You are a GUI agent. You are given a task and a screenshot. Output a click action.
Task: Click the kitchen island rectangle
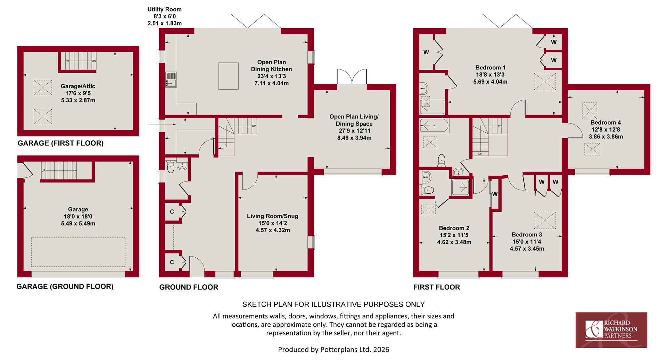[228, 76]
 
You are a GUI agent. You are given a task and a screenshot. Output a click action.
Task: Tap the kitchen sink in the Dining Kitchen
[171, 80]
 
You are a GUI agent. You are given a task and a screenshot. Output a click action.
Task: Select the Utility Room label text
[164, 9]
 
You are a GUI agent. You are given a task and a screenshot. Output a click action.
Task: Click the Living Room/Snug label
[272, 216]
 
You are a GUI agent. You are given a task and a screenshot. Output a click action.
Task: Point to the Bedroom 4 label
[606, 123]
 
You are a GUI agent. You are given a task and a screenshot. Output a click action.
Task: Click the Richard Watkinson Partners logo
[611, 330]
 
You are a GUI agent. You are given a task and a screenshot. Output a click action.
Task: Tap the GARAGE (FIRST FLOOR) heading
[60, 143]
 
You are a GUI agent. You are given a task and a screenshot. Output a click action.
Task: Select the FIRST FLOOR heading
[436, 287]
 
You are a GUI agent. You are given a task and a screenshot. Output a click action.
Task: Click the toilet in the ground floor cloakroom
[171, 167]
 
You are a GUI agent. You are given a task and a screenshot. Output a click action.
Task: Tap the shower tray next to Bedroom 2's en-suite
[461, 188]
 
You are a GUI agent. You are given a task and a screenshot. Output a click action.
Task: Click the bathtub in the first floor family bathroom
[434, 126]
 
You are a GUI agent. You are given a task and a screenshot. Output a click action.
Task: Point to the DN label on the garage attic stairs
[94, 61]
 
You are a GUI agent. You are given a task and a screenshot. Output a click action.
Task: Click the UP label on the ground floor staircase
[254, 126]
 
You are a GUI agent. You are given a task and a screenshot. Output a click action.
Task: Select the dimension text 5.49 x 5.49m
[78, 223]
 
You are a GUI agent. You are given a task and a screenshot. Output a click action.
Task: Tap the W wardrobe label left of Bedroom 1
[426, 52]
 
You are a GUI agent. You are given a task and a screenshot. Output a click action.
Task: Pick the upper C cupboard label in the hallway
[172, 211]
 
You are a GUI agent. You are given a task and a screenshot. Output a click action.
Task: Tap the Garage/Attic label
[78, 86]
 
